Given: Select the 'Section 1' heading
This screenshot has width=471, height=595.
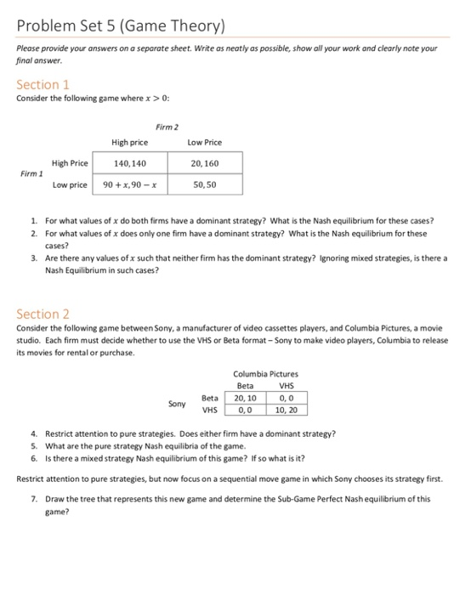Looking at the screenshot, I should coord(43,84).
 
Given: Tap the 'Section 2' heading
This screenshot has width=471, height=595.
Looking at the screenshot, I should coord(43,314).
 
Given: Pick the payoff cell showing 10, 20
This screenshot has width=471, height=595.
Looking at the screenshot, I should coord(287,409).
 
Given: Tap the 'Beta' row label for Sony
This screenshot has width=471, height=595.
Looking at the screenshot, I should coord(209,397).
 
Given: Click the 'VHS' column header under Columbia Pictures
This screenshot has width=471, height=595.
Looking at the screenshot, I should coord(287,385).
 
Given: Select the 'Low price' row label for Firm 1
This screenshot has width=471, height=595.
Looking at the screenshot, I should coord(71,184).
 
